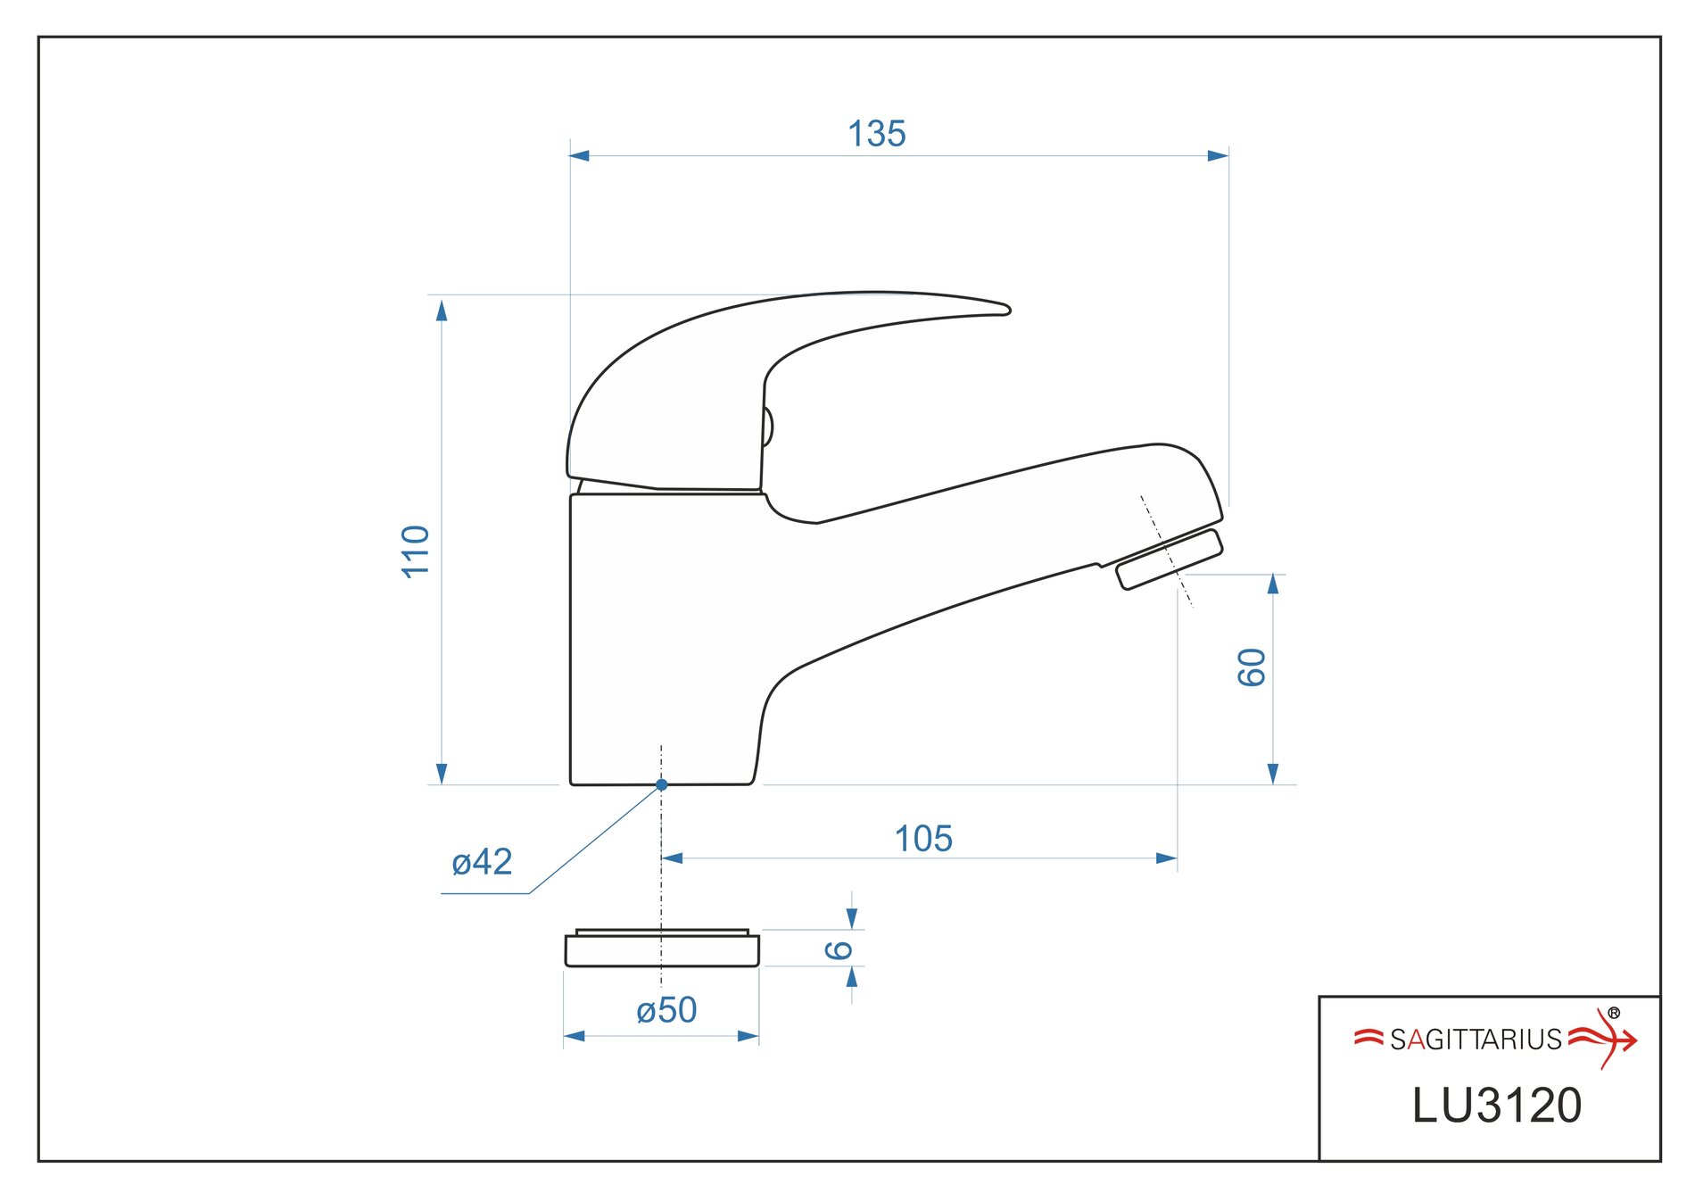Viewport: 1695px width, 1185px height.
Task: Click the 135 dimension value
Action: click(x=877, y=134)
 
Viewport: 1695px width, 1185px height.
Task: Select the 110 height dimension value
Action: click(x=417, y=551)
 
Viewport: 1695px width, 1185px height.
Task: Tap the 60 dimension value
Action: click(x=1252, y=667)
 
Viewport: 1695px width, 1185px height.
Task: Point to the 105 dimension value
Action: click(x=923, y=839)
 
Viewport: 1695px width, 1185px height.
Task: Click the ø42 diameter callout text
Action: click(x=482, y=862)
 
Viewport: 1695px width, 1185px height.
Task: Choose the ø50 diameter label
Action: click(x=666, y=1010)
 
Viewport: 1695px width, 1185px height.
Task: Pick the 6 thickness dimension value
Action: click(x=839, y=949)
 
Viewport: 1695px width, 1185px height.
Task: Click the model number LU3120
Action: click(x=1497, y=1106)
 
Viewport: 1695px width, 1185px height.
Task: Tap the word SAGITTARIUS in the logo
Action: click(x=1476, y=1040)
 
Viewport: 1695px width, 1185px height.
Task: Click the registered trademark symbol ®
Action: click(x=1614, y=1013)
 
